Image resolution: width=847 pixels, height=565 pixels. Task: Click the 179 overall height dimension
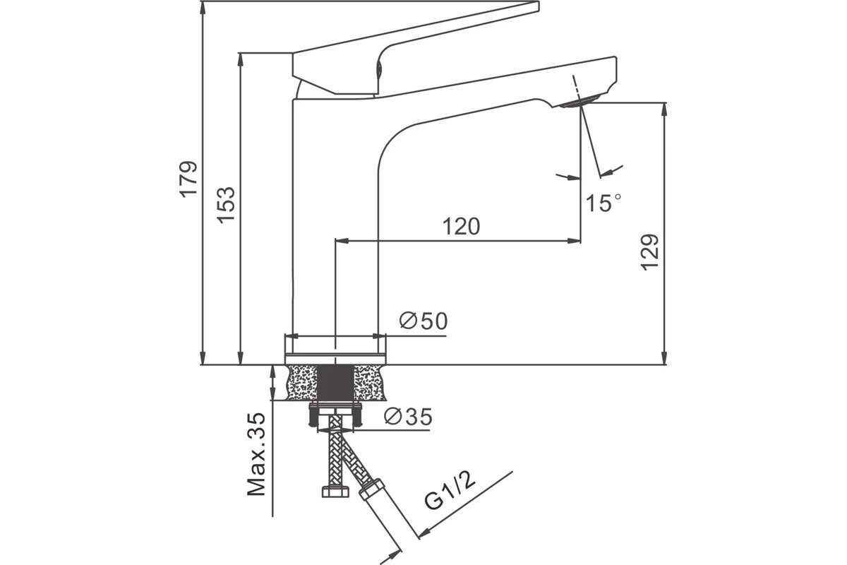click(188, 179)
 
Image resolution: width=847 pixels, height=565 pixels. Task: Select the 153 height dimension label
click(226, 205)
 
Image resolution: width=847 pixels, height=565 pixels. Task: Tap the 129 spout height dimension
click(649, 252)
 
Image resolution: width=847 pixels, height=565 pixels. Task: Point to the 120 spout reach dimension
click(462, 227)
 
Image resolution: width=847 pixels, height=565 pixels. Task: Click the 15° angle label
click(603, 203)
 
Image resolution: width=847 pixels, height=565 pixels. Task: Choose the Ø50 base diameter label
click(423, 321)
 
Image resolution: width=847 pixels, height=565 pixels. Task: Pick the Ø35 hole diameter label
click(409, 417)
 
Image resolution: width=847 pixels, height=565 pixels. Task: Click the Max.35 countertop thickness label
click(256, 455)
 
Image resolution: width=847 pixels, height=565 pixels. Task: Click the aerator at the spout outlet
click(579, 102)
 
